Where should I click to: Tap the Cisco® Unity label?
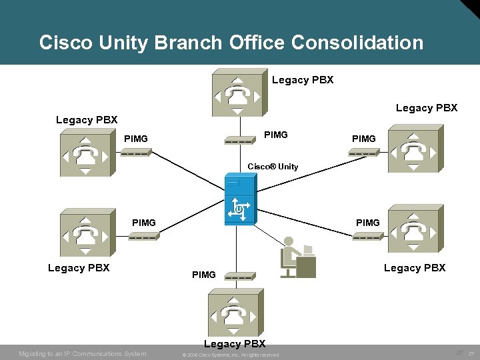coord(273,166)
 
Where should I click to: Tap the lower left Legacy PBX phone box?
coord(85,233)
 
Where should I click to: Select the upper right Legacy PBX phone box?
coord(413,151)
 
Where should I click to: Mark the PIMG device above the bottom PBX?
coord(239,275)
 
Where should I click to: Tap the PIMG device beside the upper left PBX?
coord(136,153)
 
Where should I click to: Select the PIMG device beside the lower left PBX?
coord(143,236)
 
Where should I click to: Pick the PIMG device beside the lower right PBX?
coord(367,236)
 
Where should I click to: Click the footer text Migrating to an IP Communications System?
coord(83,353)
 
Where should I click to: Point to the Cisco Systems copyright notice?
coord(231,354)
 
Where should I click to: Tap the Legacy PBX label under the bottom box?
coord(235,344)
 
